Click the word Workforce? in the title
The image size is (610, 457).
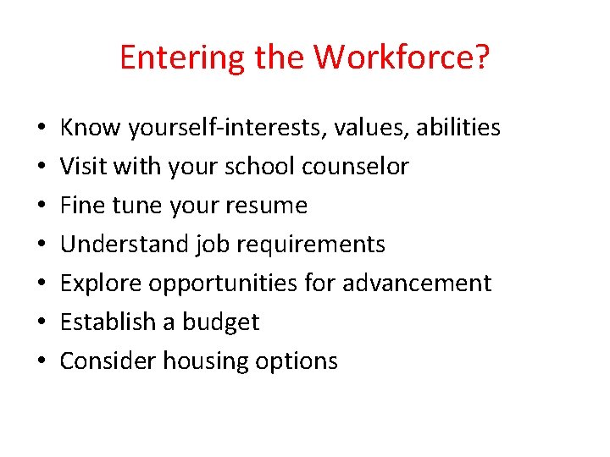402,58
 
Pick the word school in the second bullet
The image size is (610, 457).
256,167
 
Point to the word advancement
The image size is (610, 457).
417,284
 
